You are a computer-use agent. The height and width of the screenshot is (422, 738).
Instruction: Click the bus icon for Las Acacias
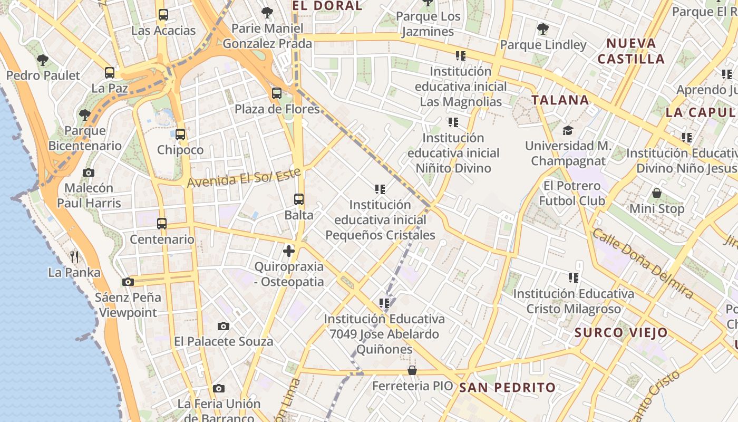point(163,15)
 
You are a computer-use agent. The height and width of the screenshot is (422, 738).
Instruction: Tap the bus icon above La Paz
point(110,73)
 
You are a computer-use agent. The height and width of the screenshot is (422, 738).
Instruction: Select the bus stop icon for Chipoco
point(180,135)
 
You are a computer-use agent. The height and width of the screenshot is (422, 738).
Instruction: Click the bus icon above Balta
point(299,199)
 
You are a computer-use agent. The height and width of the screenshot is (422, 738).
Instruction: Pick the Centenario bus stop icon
point(162,224)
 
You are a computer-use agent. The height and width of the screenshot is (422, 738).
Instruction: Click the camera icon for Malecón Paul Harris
point(89,172)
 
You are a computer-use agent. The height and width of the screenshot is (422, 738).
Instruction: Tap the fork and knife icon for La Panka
point(74,257)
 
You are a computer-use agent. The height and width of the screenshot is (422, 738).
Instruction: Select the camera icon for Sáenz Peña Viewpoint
point(128,282)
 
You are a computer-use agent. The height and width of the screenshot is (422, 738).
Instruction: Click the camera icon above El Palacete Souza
point(224,326)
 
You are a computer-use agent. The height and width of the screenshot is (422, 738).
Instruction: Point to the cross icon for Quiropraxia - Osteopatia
point(289,251)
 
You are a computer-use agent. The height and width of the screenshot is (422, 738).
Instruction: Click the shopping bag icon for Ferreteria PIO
point(412,370)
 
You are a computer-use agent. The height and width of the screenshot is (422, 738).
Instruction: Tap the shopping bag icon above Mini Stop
point(657,193)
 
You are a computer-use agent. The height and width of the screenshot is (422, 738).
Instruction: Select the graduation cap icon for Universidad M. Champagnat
point(568,130)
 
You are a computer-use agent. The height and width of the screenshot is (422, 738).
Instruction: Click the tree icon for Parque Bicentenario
point(84,114)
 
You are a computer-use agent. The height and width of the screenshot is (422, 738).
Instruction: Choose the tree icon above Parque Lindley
point(542,29)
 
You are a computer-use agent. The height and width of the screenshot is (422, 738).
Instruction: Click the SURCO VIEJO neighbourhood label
point(621,333)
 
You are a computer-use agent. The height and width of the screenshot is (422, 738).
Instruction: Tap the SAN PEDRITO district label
point(507,388)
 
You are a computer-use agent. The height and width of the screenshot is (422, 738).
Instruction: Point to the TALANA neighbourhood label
point(560,100)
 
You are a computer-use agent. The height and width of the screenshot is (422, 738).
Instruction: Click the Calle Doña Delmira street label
point(643,263)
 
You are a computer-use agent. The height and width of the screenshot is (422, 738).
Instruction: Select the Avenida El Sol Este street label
point(244,177)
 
